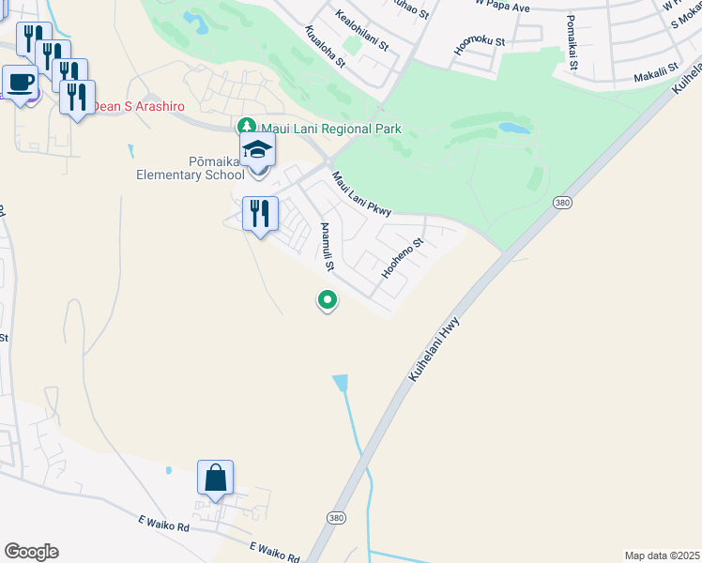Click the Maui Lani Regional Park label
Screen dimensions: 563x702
329,129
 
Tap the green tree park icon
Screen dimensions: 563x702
246,126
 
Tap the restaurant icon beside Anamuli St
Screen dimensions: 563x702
260,213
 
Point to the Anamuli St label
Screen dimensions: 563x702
328,248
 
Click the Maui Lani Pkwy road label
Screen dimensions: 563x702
360,192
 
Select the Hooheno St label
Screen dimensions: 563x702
404,258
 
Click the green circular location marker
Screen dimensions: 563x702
328,300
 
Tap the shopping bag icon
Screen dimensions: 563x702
215,478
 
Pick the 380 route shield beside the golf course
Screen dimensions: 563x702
562,203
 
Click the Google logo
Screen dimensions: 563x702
31,552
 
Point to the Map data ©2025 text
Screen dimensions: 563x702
662,555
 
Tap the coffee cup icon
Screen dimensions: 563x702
21,82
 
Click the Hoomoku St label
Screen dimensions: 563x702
480,41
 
